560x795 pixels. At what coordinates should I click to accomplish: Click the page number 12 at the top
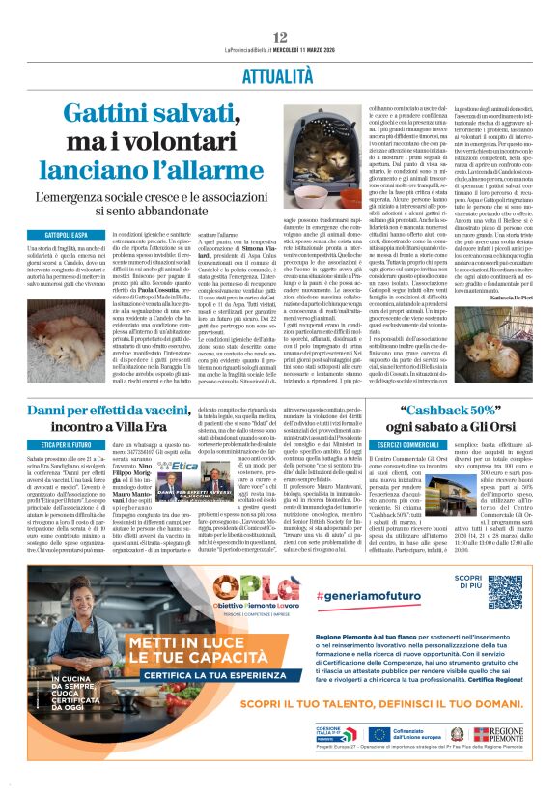point(279,37)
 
